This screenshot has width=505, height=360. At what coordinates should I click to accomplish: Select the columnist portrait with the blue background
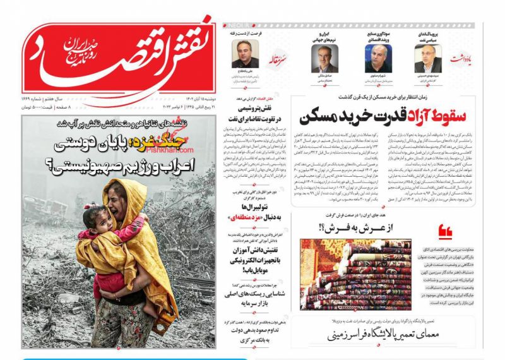coord(378,59)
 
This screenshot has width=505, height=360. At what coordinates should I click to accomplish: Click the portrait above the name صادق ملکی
coord(324,59)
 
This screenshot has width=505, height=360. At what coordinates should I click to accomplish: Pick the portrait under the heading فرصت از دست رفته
coord(245,55)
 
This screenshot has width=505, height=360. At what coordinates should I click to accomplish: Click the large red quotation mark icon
coord(444,233)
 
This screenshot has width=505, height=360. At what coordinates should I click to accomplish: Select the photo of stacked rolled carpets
coord(355,275)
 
